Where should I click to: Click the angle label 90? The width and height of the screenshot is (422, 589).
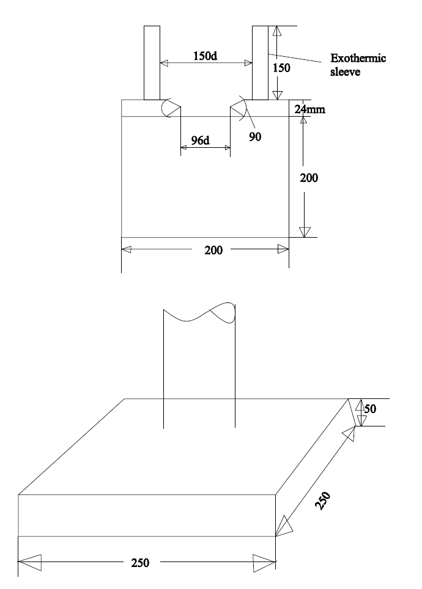tap(255, 136)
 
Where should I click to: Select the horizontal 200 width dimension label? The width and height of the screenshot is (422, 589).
tap(213, 250)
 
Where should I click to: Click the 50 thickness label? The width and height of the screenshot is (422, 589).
tap(370, 408)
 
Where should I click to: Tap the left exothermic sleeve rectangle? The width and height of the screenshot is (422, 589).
tap(152, 62)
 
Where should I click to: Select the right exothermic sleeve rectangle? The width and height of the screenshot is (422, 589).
tap(259, 62)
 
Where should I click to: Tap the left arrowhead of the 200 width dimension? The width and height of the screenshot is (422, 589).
tap(127, 249)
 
